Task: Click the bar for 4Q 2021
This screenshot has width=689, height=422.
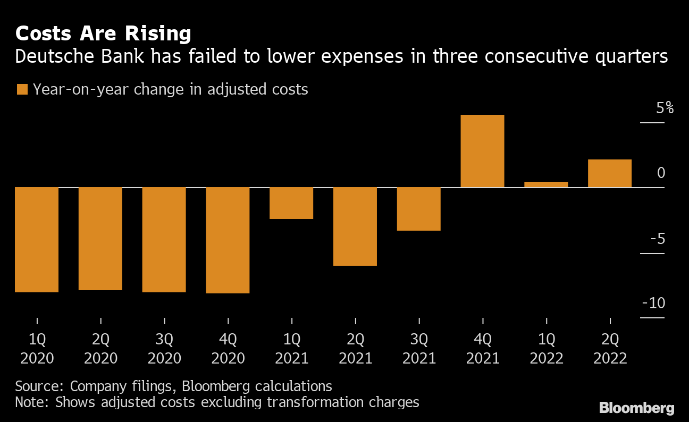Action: [x=482, y=151]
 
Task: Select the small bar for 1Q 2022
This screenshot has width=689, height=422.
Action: [x=546, y=184]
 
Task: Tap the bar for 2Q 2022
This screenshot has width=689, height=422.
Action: [x=610, y=173]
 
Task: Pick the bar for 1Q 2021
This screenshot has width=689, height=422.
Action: [x=291, y=203]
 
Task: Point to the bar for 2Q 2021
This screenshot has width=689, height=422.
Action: [x=355, y=226]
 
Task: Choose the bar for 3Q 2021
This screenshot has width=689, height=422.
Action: [x=419, y=209]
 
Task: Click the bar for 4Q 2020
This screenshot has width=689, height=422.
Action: [x=228, y=240]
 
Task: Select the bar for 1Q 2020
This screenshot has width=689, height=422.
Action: [x=36, y=240]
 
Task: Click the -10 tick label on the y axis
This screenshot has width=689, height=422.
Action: [x=654, y=303]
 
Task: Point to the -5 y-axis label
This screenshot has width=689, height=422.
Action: [x=657, y=239]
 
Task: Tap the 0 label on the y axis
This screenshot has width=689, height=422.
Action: [x=661, y=173]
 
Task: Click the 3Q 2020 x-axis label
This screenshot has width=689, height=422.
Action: [x=164, y=349]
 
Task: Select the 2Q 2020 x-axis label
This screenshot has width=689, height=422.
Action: [x=100, y=349]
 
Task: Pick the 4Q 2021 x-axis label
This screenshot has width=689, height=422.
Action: [x=483, y=349]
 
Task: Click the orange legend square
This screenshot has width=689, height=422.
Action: [x=22, y=89]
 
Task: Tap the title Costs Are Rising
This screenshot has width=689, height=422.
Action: [x=103, y=34]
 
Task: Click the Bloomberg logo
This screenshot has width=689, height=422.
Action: [x=636, y=408]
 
